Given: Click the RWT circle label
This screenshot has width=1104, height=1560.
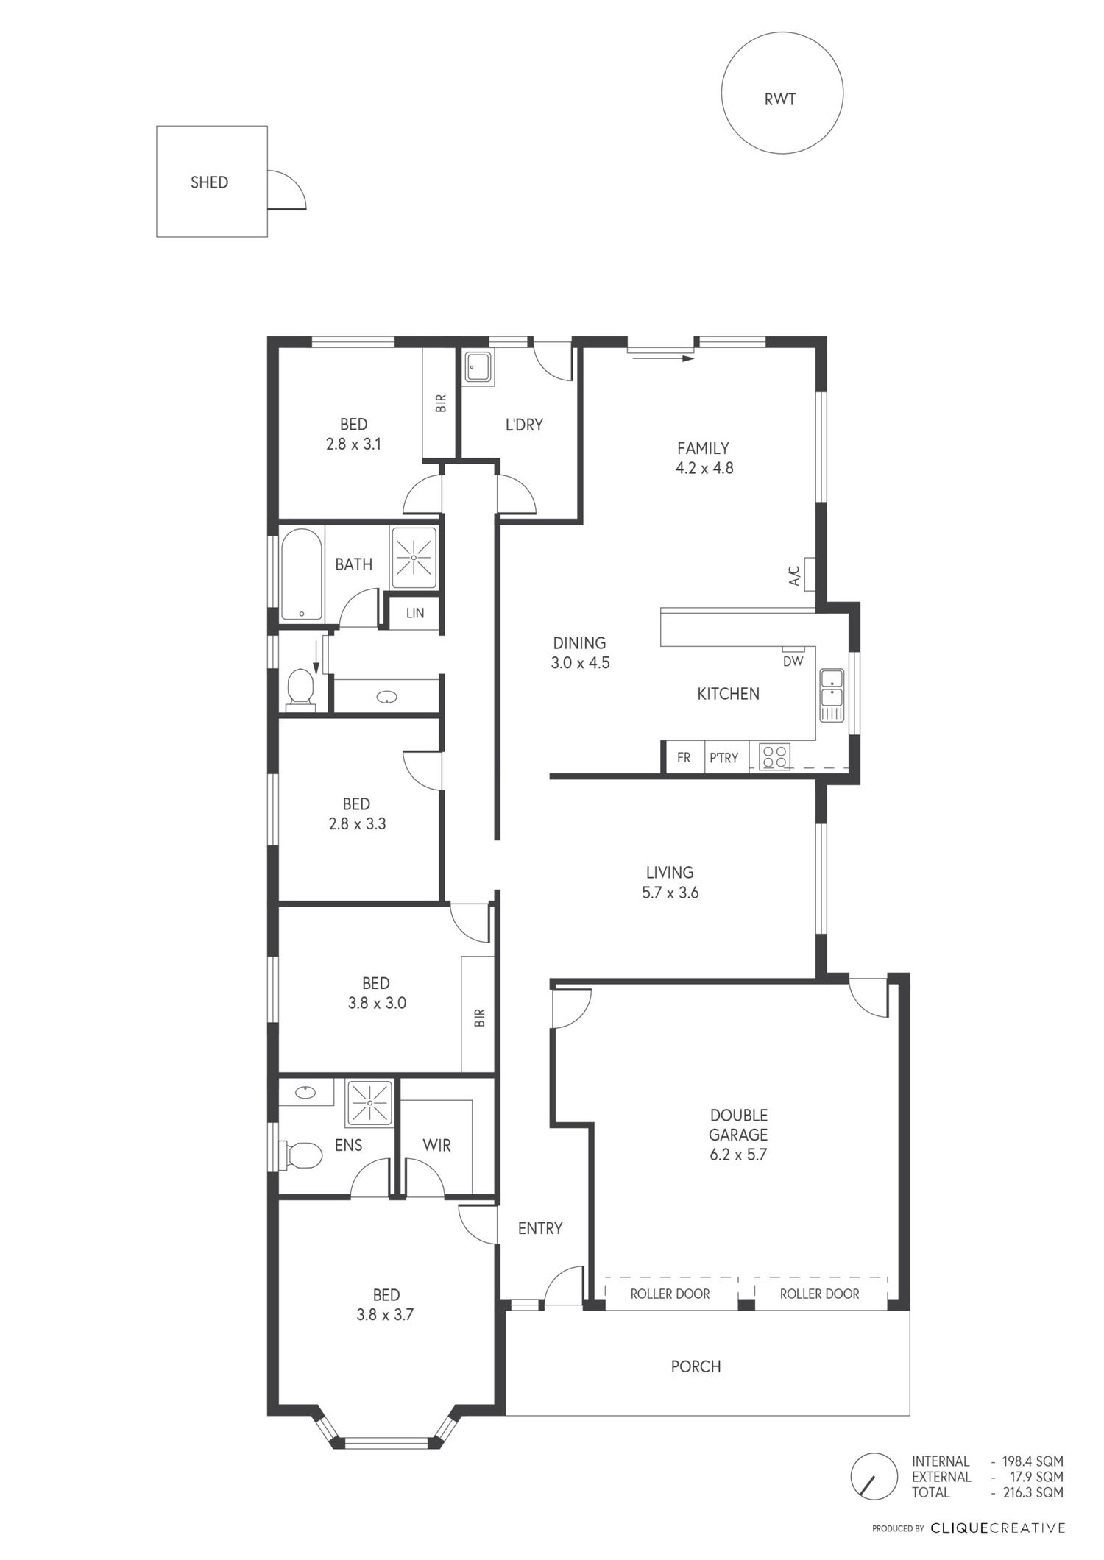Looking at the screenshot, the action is [780, 99].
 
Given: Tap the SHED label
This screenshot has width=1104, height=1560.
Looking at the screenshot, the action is [209, 182].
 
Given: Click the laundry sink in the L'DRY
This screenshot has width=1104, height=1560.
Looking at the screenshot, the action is [479, 366].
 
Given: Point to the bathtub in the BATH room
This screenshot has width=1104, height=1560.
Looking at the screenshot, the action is [301, 575].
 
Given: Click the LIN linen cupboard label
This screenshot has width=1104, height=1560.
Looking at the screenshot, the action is [415, 612].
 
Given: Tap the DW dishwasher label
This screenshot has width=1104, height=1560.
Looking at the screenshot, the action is [793, 661].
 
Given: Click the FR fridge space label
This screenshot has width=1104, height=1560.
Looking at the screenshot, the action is [684, 757].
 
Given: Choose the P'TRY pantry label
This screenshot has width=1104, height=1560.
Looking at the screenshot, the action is [723, 757].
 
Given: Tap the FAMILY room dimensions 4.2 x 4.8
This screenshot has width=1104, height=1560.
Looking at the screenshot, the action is [704, 468].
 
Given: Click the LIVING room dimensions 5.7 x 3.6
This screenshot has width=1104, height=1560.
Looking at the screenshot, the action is [669, 893].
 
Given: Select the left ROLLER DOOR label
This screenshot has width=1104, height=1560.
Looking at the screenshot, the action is [670, 1314].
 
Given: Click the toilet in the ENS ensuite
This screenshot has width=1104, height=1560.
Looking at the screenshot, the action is [301, 1155].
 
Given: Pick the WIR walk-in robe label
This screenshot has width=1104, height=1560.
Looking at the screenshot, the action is [436, 1145].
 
